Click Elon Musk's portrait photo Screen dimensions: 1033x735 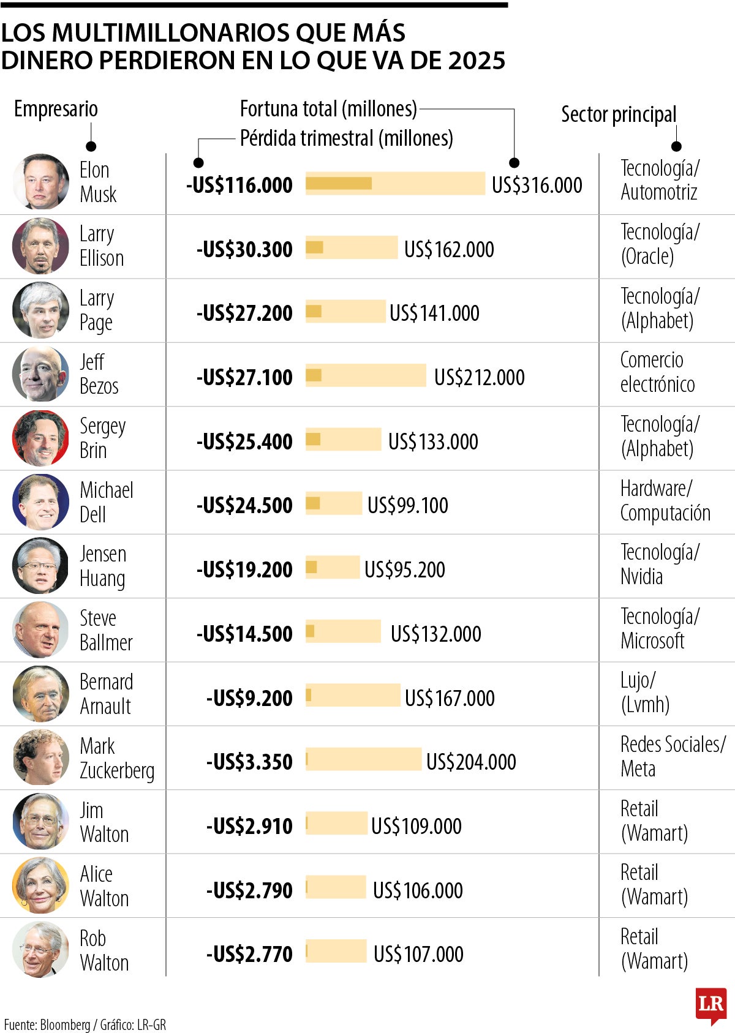(x=40, y=182)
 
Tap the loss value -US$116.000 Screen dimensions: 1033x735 (x=239, y=185)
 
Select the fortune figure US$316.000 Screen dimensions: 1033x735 (x=537, y=185)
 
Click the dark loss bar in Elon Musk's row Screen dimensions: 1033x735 (x=339, y=184)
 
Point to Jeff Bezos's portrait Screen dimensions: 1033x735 (x=40, y=374)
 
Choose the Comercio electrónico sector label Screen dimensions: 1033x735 (x=657, y=372)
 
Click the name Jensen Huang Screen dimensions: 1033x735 (x=103, y=566)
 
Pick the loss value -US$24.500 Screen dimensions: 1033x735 (x=244, y=505)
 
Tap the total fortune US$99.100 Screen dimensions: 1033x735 (x=407, y=505)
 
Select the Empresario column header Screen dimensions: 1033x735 (x=56, y=109)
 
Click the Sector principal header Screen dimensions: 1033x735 (x=619, y=115)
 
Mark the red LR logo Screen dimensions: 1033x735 (x=710, y=1005)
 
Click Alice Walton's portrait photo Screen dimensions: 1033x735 (x=40, y=885)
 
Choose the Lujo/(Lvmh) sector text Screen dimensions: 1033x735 (x=644, y=692)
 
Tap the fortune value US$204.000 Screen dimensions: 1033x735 (x=471, y=762)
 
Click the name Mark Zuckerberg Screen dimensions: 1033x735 (x=116, y=758)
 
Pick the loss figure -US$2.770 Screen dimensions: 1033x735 (x=249, y=954)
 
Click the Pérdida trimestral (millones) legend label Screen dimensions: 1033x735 (x=346, y=138)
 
